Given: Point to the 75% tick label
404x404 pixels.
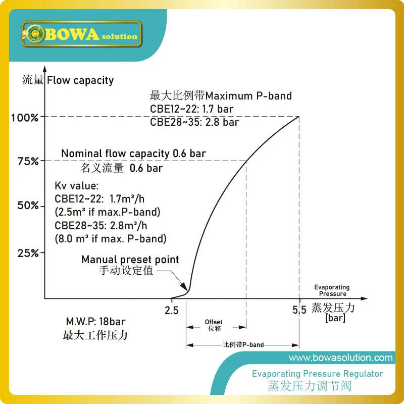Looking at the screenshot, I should coord(28,161).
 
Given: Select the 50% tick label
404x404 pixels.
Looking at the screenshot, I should coord(28,205).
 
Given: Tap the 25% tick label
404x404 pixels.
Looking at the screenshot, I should coord(28,252).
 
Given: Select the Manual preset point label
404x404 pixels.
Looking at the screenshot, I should coord(130,260).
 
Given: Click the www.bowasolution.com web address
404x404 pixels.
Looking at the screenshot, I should coord(340,358).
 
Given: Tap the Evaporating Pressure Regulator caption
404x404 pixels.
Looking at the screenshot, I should coord(317,374).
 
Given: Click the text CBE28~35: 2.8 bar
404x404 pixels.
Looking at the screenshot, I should coord(194,122).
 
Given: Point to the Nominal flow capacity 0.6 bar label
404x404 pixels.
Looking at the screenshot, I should coord(133,153).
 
